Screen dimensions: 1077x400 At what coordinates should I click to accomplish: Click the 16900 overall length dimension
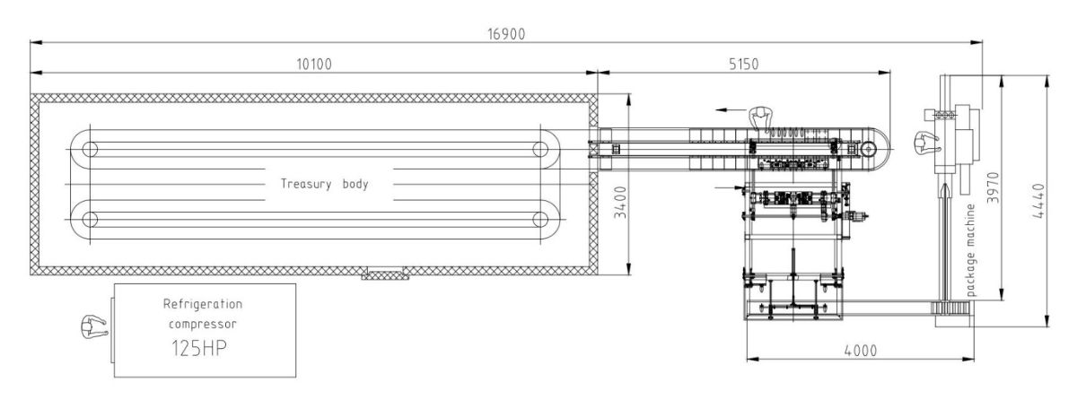[506, 34]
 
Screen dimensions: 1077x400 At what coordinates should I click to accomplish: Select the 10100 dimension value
[314, 64]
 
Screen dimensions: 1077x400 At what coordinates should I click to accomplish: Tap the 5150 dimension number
[743, 64]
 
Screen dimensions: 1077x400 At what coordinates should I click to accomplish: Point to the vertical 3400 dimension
[621, 202]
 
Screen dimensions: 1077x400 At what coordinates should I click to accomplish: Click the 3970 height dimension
[993, 187]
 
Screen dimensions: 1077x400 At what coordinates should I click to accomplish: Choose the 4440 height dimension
[1038, 201]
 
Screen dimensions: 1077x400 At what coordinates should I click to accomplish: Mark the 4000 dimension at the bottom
[860, 351]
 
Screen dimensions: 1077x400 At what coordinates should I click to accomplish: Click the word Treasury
[306, 184]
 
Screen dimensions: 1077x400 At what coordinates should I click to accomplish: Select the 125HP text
[199, 348]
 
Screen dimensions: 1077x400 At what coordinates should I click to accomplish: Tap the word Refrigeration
[203, 304]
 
